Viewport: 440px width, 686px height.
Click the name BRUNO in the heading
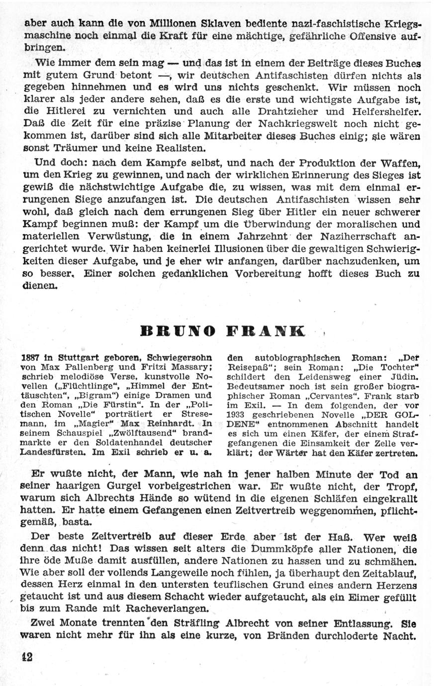point(178,331)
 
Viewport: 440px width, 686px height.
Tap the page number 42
point(27,656)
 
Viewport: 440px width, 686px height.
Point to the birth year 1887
point(31,357)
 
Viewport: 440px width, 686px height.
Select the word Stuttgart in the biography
point(79,357)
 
